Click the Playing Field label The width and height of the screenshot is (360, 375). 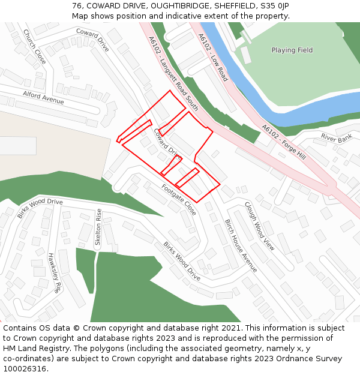click(x=292, y=50)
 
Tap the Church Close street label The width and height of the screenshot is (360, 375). click(x=34, y=47)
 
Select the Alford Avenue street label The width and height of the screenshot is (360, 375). click(x=43, y=97)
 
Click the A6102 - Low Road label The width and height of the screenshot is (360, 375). click(x=213, y=57)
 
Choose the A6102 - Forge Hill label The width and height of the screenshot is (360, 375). click(x=284, y=142)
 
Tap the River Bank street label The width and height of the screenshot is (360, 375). click(x=336, y=137)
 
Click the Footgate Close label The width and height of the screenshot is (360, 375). click(x=179, y=200)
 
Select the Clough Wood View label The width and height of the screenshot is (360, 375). click(x=259, y=226)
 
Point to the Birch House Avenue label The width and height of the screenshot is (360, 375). click(x=241, y=245)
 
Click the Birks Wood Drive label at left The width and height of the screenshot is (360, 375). click(x=40, y=208)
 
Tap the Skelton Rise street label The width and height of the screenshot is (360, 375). click(x=98, y=227)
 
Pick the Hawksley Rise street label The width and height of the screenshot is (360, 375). click(x=55, y=272)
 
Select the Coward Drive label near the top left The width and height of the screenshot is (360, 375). click(x=92, y=40)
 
